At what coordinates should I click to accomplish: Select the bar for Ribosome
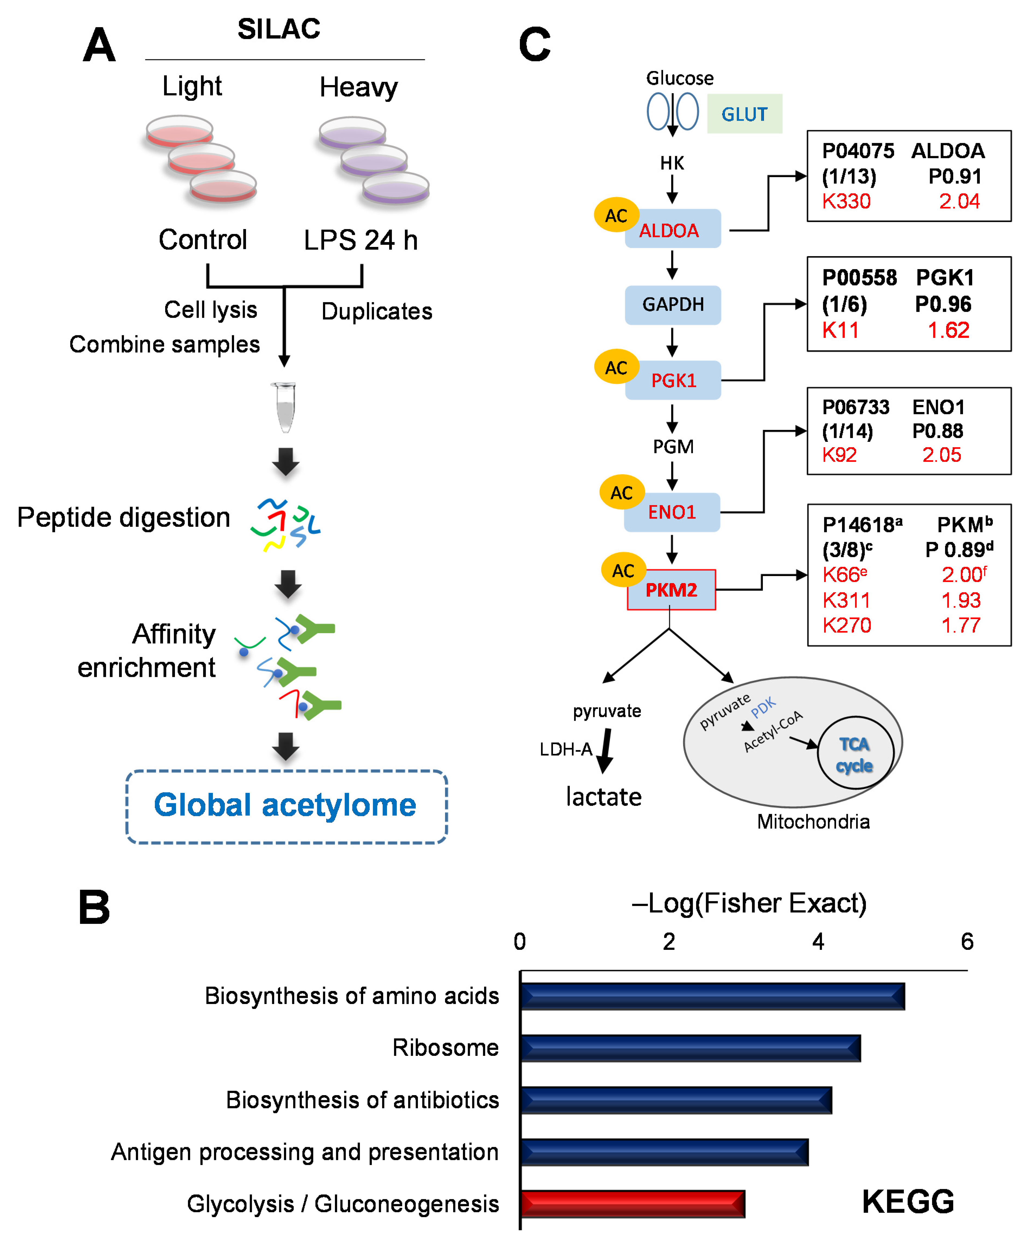point(690,1048)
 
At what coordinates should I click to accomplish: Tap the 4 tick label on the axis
point(818,942)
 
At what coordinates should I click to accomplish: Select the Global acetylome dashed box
point(286,806)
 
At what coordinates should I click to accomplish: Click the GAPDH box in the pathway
point(673,305)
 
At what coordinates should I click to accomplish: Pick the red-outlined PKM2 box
point(671,590)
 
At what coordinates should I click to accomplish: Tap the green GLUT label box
point(744,114)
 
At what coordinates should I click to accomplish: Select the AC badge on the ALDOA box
point(616,216)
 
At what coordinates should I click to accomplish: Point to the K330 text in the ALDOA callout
point(846,201)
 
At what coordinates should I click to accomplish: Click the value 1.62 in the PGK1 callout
point(949,330)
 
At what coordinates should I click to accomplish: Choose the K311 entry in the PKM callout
point(846,600)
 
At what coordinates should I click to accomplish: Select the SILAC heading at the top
point(278,29)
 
